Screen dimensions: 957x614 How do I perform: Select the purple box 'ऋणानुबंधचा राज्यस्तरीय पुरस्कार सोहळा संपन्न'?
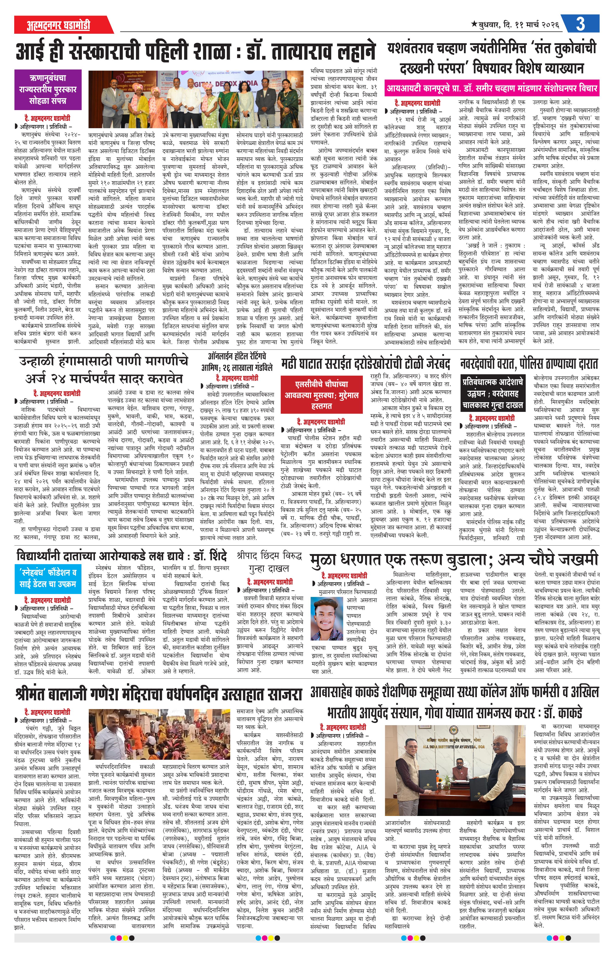pyautogui.click(x=48, y=90)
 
